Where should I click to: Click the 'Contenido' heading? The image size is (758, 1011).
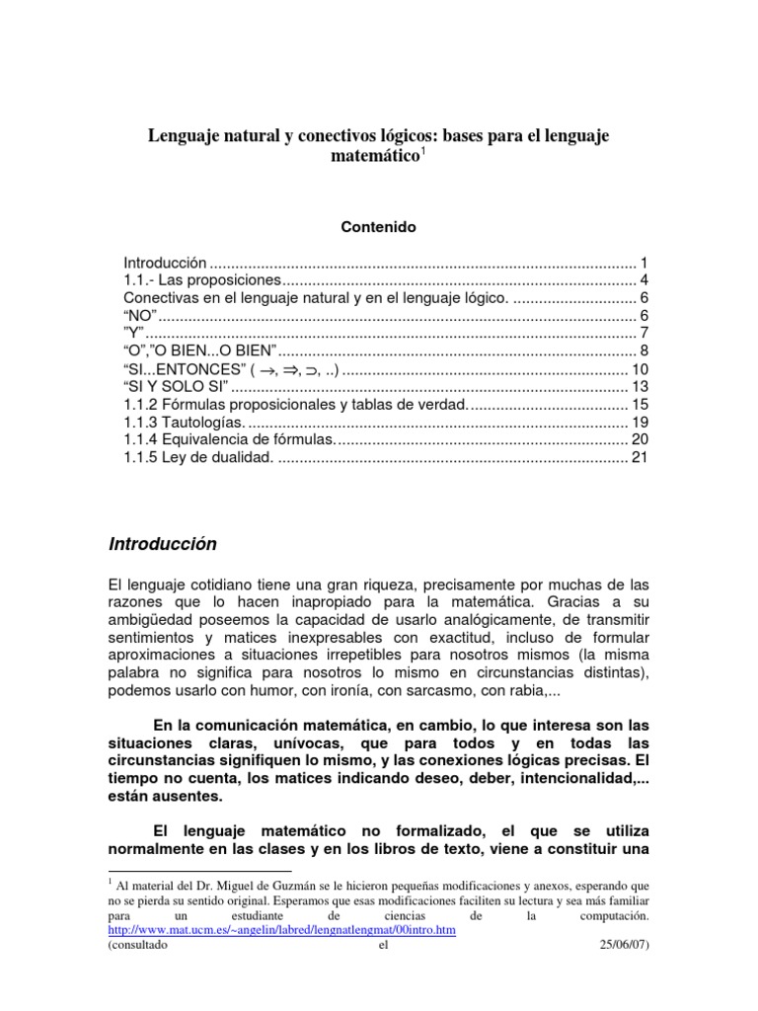point(378,227)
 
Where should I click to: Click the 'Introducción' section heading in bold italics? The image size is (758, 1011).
point(162,544)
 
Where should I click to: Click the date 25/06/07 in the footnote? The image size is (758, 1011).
point(626,944)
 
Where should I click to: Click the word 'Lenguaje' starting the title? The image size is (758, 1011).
point(184,134)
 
